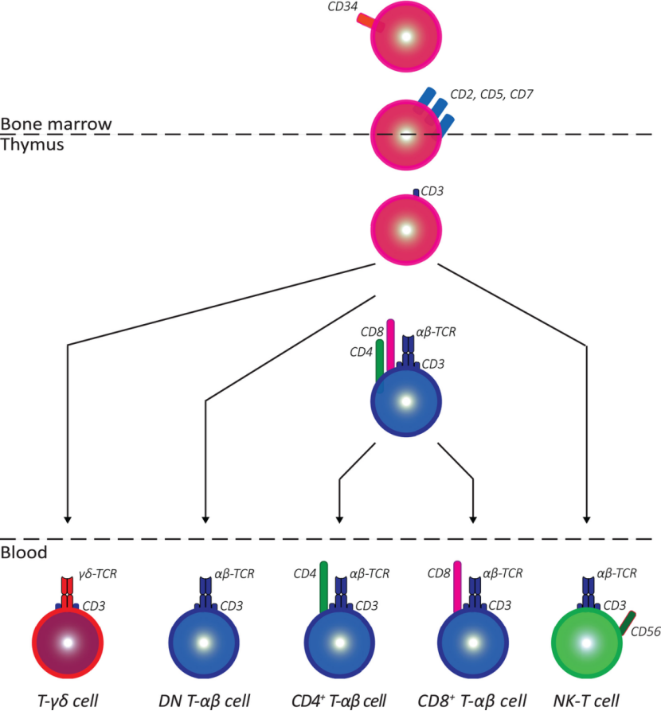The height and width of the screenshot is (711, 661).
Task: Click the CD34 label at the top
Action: click(342, 6)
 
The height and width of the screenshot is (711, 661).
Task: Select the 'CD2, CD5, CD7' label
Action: click(492, 94)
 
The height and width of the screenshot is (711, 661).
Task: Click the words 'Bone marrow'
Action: click(56, 123)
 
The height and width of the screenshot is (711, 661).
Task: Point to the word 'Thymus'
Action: click(32, 145)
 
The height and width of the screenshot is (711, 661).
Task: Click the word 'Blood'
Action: click(24, 553)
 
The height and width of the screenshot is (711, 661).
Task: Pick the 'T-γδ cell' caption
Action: click(68, 701)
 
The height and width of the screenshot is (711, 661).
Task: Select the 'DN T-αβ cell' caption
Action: click(204, 701)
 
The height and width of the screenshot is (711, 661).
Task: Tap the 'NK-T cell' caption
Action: click(586, 701)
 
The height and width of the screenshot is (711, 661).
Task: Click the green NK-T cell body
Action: click(587, 643)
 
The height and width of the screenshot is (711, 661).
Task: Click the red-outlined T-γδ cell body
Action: click(68, 643)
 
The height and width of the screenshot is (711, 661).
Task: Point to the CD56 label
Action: click(646, 631)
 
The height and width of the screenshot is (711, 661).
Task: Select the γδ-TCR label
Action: click(97, 574)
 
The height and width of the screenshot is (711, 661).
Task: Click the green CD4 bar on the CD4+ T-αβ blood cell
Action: click(324, 588)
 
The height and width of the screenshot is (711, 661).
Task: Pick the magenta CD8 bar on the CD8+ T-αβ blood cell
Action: click(457, 588)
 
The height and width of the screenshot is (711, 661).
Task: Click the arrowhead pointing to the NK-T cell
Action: click(587, 520)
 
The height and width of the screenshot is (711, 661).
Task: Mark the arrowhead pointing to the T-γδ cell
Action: click(68, 520)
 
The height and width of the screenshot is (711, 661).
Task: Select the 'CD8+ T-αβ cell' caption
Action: click(472, 701)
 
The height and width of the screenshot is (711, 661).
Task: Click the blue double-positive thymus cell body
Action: click(406, 402)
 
